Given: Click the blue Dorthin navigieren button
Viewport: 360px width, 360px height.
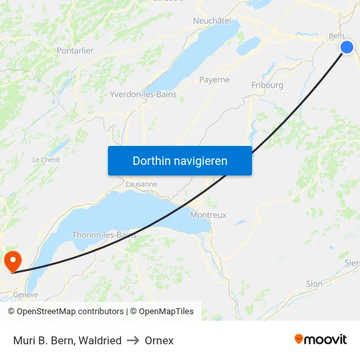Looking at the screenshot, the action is [180, 160].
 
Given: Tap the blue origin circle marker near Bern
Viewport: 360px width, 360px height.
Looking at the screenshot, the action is [347, 46].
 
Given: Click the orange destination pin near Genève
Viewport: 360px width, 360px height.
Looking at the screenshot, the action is [12, 261].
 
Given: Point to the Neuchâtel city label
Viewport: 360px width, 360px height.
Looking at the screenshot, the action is [212, 21].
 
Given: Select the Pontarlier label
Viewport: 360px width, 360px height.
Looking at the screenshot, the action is [76, 50].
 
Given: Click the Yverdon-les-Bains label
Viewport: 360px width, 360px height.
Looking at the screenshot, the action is [143, 94].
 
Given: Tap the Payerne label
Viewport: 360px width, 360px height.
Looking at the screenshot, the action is [215, 80].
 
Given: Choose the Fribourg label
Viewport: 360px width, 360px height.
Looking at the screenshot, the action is [267, 85].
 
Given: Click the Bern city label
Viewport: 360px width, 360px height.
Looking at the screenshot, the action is [336, 36].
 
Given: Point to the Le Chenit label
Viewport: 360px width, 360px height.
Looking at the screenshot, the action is [46, 159].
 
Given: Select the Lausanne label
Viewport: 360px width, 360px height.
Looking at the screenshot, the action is [141, 184].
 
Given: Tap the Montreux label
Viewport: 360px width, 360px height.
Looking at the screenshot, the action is [208, 215].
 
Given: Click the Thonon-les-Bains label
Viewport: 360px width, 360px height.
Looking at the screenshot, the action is [104, 234].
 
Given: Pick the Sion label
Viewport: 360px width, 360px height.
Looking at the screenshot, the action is [314, 284].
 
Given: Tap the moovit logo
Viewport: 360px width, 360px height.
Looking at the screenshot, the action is [320, 339].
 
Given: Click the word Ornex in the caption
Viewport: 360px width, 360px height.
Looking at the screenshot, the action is [159, 340].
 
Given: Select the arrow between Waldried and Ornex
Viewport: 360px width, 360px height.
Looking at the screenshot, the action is [134, 340].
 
